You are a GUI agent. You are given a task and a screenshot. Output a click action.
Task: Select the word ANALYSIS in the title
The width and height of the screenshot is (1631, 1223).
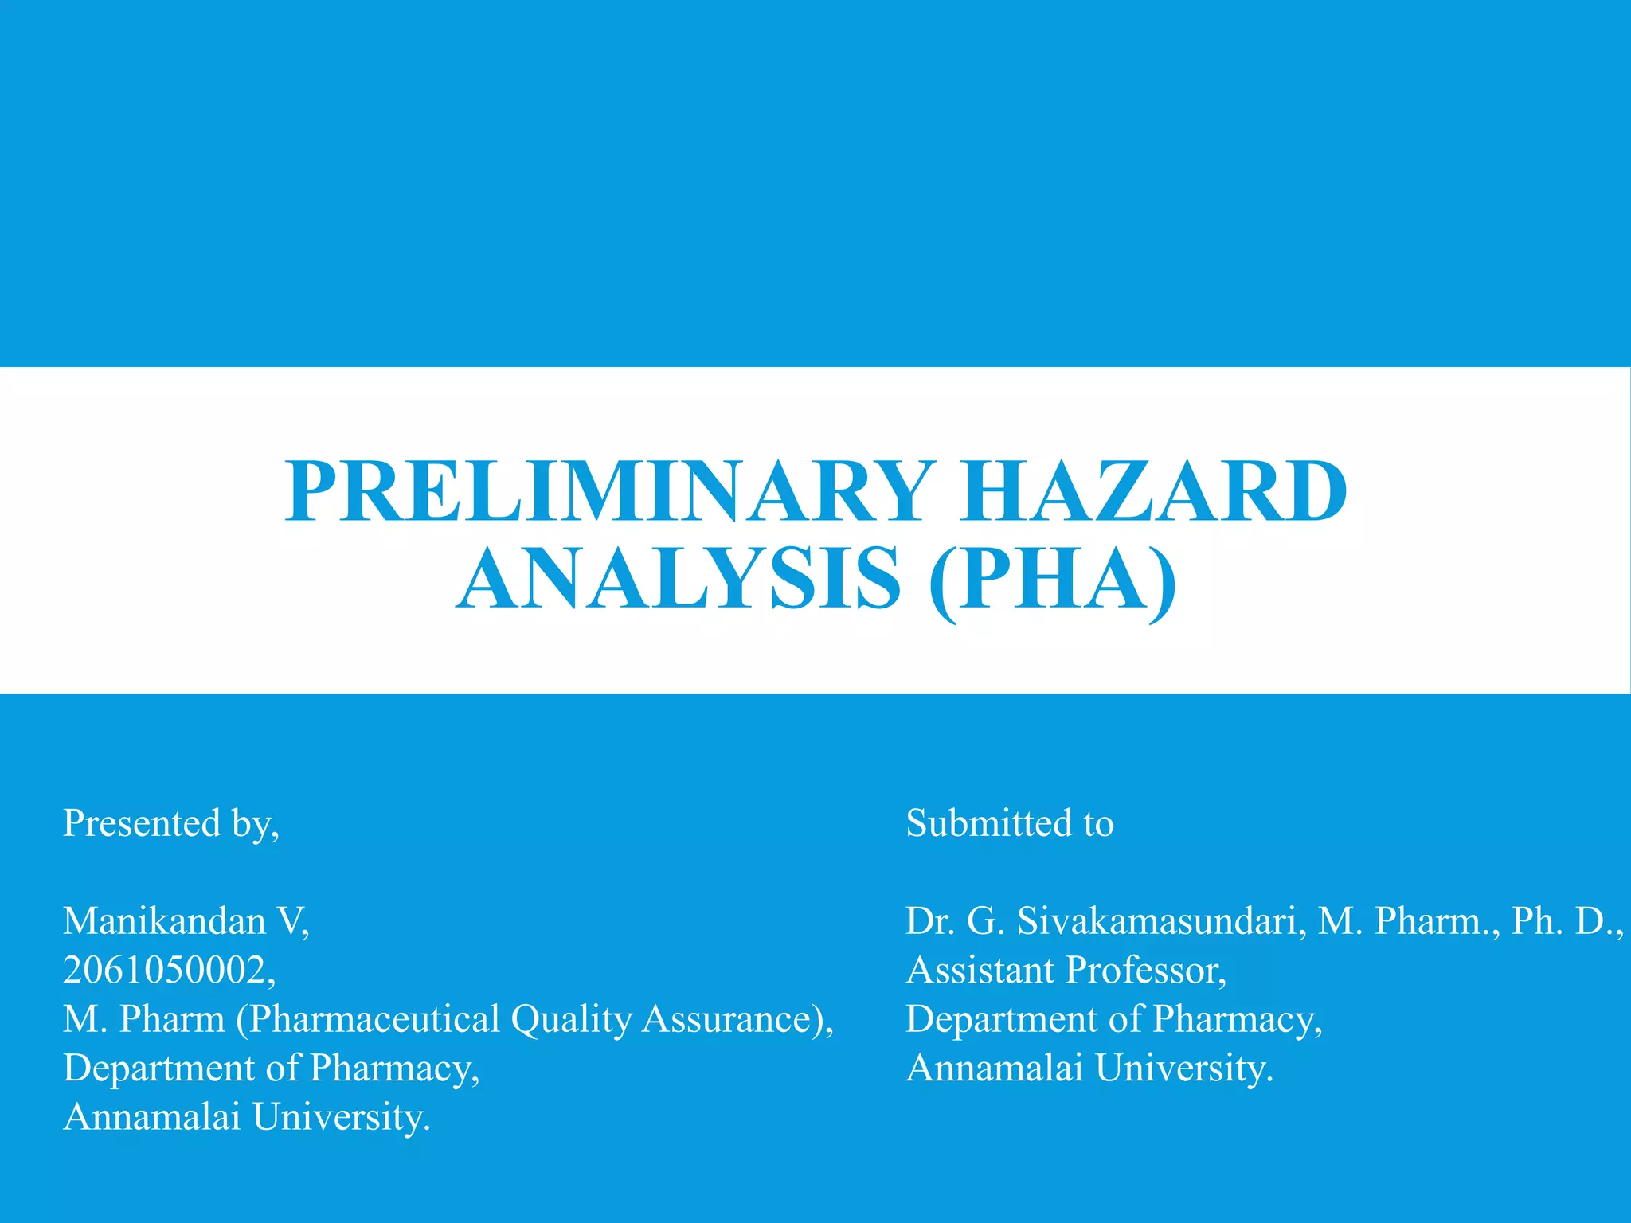tap(679, 579)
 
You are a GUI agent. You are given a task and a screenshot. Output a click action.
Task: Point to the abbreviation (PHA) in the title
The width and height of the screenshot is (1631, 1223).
tap(1053, 579)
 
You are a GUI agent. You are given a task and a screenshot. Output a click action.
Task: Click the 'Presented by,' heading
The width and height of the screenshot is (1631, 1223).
tap(171, 823)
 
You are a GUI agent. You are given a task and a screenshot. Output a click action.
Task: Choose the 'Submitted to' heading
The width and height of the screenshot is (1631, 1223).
tap(1010, 823)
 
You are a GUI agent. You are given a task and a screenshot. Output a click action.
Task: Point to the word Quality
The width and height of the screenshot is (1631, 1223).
tap(571, 1019)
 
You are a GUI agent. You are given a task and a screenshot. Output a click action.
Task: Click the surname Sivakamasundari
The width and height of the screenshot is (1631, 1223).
tap(1160, 921)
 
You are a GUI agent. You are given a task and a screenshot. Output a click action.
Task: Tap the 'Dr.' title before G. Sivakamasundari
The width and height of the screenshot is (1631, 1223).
tap(930, 921)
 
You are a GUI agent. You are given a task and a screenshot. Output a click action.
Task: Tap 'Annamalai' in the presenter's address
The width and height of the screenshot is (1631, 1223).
tap(151, 1116)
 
